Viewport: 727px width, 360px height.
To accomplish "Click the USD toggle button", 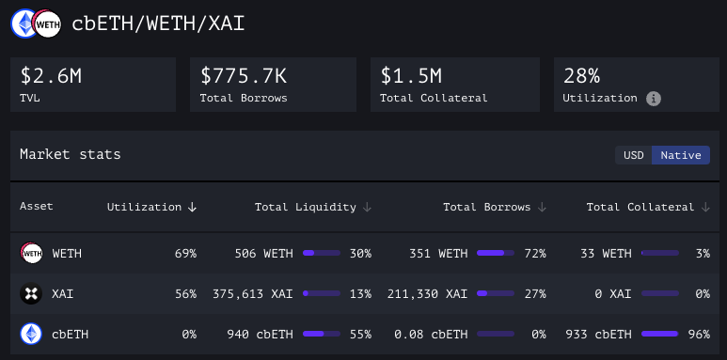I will (634, 155).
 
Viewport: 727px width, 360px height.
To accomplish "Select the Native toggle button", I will (681, 155).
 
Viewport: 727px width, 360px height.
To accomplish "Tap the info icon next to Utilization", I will (654, 98).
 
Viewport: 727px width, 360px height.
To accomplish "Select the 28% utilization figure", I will (582, 76).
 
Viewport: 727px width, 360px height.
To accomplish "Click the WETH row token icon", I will (31, 254).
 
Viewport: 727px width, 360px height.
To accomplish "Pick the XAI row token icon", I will (31, 294).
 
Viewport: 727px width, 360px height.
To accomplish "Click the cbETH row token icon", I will (31, 334).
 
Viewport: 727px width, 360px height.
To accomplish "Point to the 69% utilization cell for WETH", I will (184, 254).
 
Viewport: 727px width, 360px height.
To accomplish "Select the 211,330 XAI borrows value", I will (428, 294).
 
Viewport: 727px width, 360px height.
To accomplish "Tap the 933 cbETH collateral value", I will (599, 334).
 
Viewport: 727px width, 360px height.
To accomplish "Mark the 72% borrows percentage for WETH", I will (534, 254).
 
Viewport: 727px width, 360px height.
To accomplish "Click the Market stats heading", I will (71, 154).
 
